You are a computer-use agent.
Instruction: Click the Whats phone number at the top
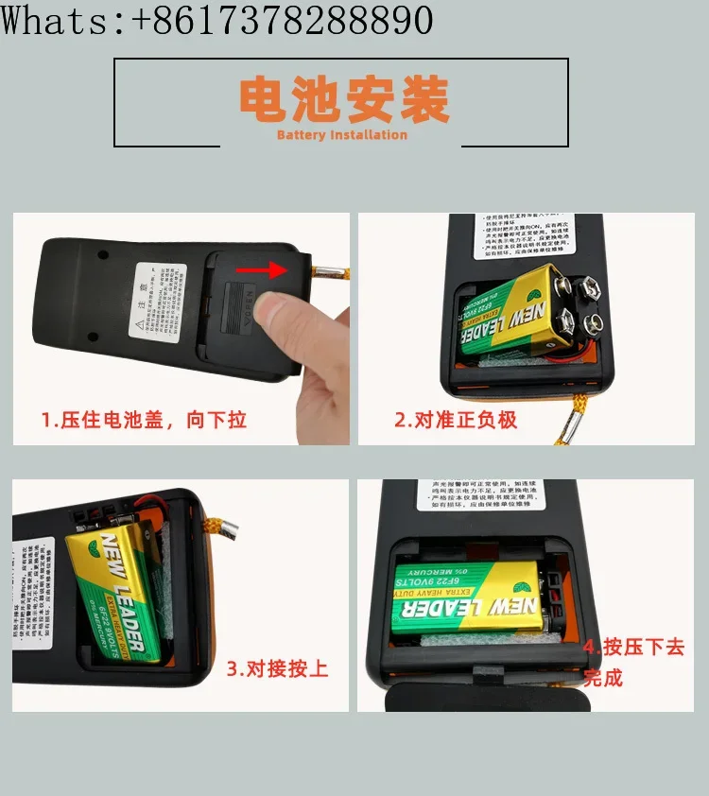click(216, 20)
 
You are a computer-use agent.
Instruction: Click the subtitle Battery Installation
click(342, 135)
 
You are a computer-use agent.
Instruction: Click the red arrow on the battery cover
click(261, 271)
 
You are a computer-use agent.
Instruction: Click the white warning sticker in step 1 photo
click(157, 302)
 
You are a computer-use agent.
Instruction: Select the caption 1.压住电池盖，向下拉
click(144, 420)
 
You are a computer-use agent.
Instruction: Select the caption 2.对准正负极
click(456, 420)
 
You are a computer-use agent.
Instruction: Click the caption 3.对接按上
click(277, 669)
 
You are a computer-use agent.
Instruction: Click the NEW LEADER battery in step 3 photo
click(118, 596)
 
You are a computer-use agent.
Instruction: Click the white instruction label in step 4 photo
click(495, 494)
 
